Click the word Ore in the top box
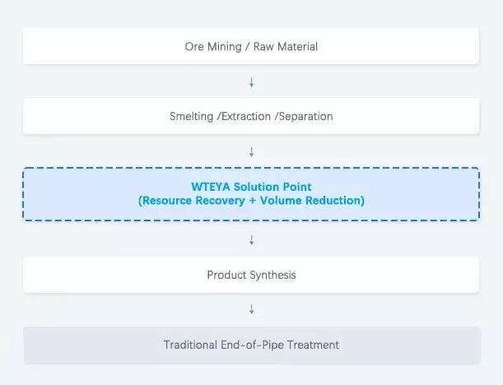click(194, 47)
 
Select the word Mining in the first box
click(224, 47)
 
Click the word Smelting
click(191, 117)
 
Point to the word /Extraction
click(245, 117)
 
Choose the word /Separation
click(304, 117)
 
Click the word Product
click(226, 275)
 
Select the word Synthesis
click(272, 275)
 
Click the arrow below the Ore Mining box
click(251, 82)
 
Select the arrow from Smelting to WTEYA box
click(251, 152)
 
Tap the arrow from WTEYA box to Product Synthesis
click(251, 239)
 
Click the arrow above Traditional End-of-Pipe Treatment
click(251, 309)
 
